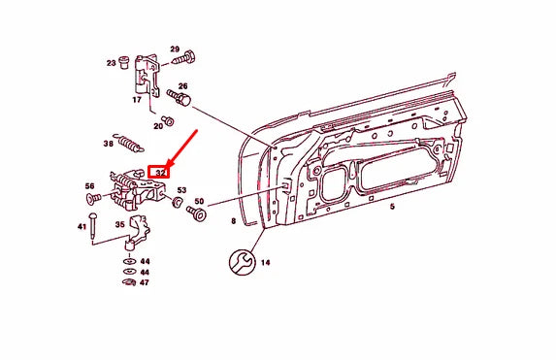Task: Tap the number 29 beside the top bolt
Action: point(175,49)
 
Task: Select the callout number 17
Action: point(136,99)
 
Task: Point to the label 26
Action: point(181,85)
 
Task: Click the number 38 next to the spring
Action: point(109,144)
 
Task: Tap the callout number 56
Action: point(89,186)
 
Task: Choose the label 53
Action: point(180,190)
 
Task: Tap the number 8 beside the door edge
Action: point(233,222)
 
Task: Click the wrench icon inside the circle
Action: point(240,262)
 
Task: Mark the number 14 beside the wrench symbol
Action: point(265,262)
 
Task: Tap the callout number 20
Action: point(157,126)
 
